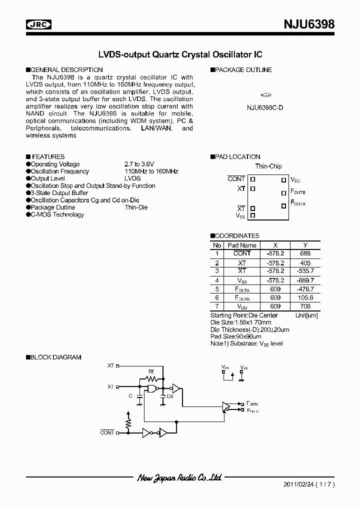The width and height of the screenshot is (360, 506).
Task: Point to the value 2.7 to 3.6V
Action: pyautogui.click(x=139, y=164)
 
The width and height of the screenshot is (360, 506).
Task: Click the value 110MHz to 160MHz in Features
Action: pyautogui.click(x=151, y=171)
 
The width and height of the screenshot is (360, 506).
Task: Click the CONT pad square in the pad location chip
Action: pyautogui.click(x=252, y=179)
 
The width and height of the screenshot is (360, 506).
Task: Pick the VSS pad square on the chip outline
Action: pyautogui.click(x=252, y=215)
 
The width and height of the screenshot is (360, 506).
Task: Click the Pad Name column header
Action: pyautogui.click(x=242, y=245)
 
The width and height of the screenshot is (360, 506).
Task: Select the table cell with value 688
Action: pyautogui.click(x=305, y=253)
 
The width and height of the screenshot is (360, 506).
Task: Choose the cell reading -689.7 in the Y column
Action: pyautogui.click(x=305, y=280)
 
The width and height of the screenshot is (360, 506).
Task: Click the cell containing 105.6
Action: pyautogui.click(x=305, y=297)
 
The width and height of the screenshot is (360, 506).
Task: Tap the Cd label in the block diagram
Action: pyautogui.click(x=169, y=396)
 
